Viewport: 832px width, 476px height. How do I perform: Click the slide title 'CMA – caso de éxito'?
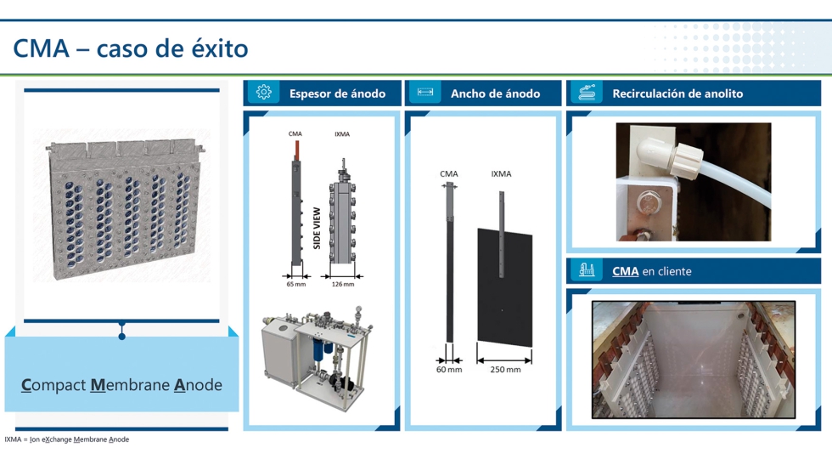[130, 48]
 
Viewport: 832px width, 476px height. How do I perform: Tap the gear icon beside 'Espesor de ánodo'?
[263, 93]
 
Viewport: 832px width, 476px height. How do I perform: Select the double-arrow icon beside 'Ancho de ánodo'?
[425, 93]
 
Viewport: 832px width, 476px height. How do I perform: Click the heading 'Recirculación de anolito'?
[677, 93]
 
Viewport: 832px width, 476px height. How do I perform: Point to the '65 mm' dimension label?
[295, 285]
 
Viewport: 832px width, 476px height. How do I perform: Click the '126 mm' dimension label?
[343, 285]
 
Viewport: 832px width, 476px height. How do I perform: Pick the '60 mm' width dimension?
[449, 370]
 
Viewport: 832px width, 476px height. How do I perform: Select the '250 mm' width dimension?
[505, 370]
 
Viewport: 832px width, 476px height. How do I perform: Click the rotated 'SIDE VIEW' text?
[317, 228]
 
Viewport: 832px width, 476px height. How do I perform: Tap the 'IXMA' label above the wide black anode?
[501, 174]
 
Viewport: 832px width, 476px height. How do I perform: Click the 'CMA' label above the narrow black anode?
[449, 174]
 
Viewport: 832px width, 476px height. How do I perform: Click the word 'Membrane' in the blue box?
[129, 385]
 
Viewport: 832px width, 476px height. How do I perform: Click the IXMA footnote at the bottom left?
[66, 439]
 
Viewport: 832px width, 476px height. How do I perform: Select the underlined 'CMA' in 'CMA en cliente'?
[625, 272]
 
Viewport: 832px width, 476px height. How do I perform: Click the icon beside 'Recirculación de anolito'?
[587, 93]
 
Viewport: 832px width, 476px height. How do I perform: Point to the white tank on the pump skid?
[280, 357]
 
